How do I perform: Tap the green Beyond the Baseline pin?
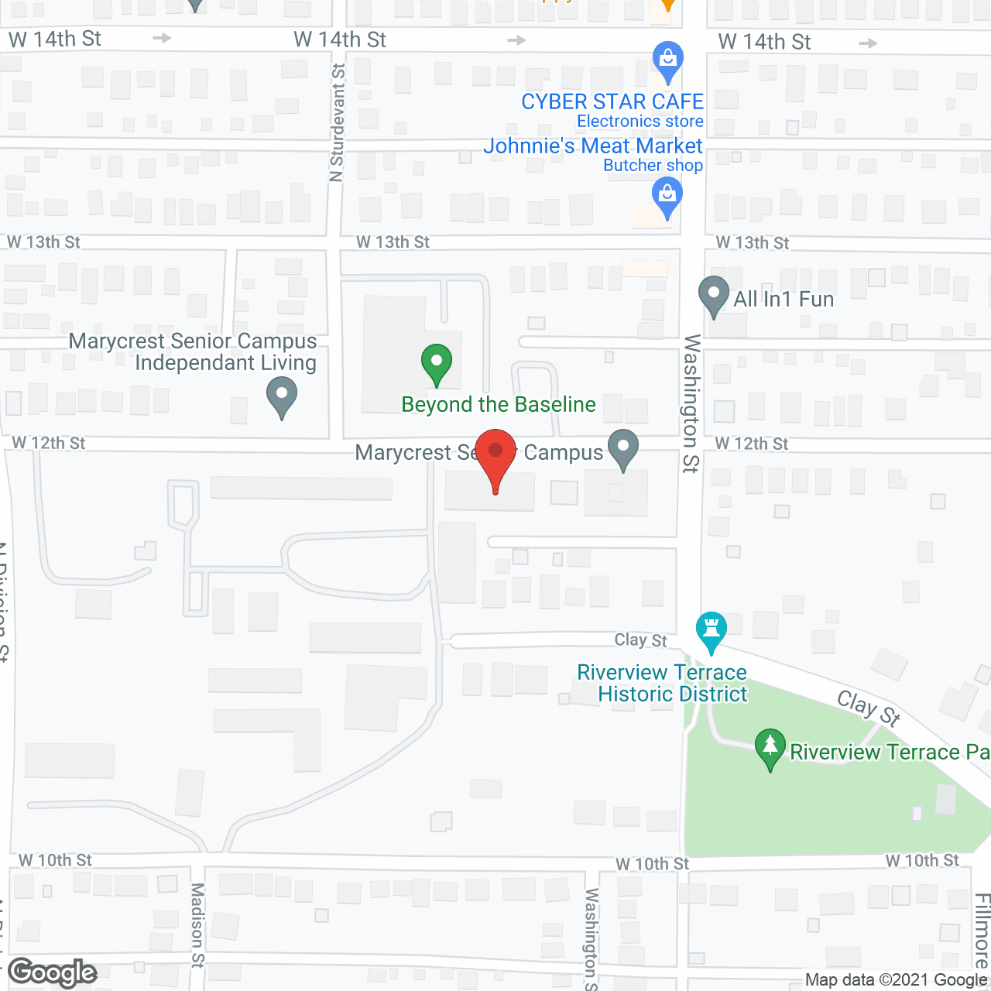[x=437, y=364]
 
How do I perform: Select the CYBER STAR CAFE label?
[x=612, y=101]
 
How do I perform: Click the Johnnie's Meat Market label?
[x=592, y=146]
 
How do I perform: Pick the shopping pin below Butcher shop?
[x=667, y=197]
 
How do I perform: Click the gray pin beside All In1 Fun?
[x=713, y=297]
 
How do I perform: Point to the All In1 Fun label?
[x=784, y=299]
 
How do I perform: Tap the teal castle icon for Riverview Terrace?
[x=711, y=632]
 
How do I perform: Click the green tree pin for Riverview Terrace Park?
[x=770, y=749]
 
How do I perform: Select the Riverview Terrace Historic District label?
[x=663, y=683]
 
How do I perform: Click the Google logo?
[x=53, y=973]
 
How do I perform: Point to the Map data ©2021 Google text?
[x=896, y=980]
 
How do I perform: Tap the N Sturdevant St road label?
[x=337, y=123]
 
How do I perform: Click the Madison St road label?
[x=197, y=924]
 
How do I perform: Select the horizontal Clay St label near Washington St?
[x=640, y=640]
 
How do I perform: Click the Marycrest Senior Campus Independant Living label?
[x=193, y=351]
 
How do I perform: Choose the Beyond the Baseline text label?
[x=499, y=404]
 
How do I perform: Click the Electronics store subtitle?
[x=640, y=121]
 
